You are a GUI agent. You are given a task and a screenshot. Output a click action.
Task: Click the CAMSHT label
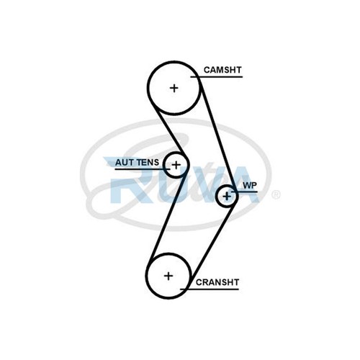pos(222,70)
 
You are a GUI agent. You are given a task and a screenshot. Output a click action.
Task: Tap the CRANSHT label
pos(217,282)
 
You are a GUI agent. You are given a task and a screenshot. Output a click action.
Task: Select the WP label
pos(250,185)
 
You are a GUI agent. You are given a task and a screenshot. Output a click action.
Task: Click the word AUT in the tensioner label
pos(125,163)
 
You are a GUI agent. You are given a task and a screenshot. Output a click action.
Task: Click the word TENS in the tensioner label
pos(148,163)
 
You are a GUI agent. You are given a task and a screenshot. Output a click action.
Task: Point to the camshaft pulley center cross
pos(174,88)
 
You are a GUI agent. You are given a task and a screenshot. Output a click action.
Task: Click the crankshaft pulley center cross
pos(168,276)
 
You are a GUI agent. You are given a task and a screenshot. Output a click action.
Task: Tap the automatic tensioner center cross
pos(176,165)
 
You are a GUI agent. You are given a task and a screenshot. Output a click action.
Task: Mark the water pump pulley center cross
pos(227,197)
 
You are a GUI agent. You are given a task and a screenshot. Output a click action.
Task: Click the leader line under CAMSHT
pos(217,77)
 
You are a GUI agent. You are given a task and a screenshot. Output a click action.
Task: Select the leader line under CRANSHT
pos(210,289)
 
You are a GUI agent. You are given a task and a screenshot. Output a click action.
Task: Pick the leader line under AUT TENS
pos(143,169)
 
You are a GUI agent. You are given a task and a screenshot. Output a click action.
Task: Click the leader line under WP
pos(244,192)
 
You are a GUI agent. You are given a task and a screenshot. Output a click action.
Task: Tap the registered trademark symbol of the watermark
pos(276,194)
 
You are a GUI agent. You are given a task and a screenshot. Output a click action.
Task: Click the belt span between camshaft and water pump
pos(217,132)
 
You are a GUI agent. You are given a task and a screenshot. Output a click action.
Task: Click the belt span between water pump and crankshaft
pos(211,245)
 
